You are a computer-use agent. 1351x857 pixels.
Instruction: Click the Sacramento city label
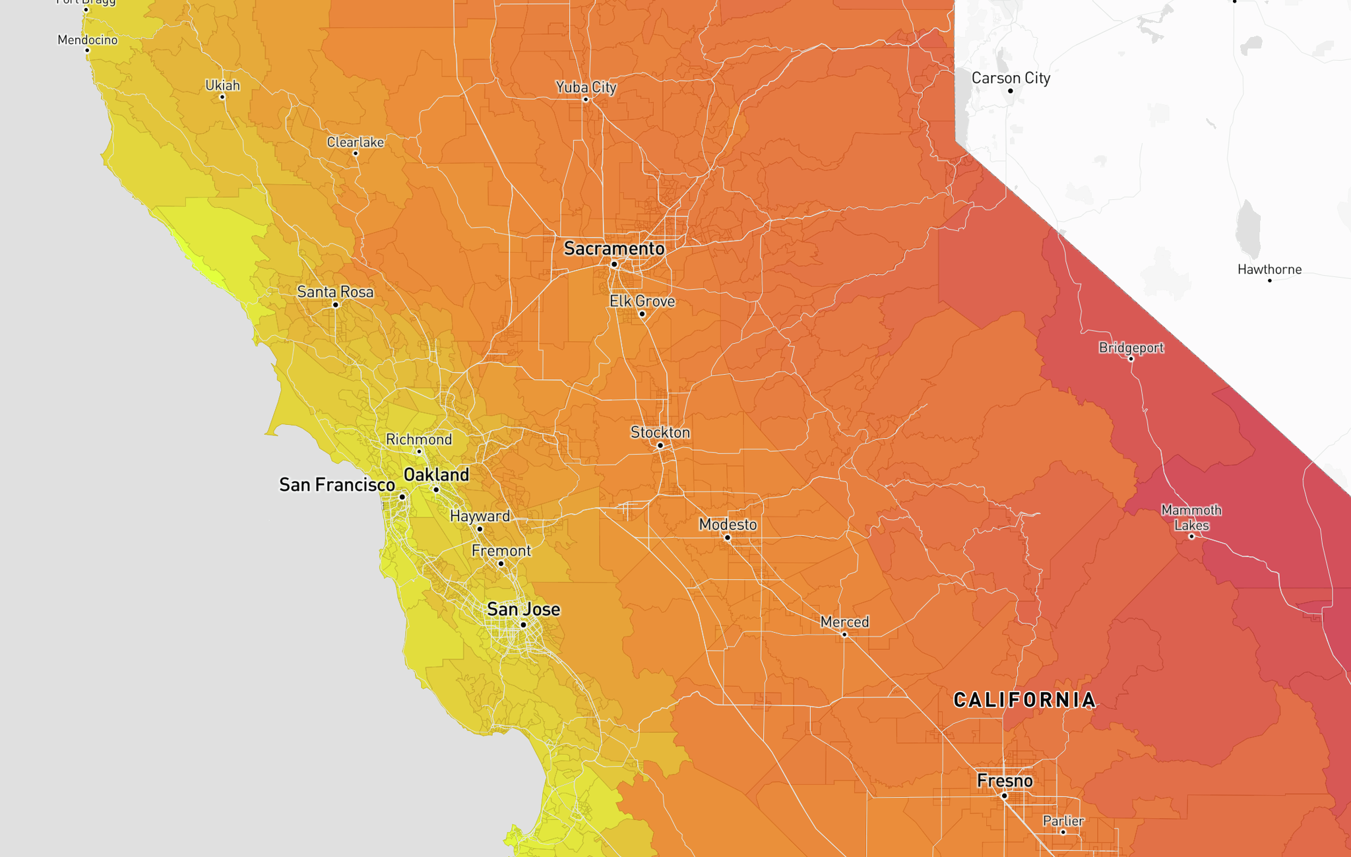point(614,249)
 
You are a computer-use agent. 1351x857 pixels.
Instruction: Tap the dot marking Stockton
point(660,445)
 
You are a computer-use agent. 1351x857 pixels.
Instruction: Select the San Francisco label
point(337,485)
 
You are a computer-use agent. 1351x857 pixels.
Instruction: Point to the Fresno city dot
point(1004,796)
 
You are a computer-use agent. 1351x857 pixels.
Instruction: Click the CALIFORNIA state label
point(1025,700)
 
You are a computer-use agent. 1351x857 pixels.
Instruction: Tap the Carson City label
point(1011,78)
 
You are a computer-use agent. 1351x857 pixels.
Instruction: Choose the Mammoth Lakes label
point(1191,518)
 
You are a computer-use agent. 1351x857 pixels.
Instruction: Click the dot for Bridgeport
point(1131,359)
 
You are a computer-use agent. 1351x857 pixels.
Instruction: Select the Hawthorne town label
point(1269,269)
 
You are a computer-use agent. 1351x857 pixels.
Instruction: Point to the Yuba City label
point(586,87)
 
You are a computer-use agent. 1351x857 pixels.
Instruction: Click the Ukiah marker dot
point(222,97)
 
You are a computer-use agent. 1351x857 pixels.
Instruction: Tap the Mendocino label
point(88,40)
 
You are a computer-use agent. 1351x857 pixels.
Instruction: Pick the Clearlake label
point(356,142)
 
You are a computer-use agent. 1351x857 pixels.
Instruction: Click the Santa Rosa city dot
point(336,305)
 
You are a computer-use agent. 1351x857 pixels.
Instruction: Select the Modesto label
point(728,524)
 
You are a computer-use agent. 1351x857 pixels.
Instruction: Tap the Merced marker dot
point(844,635)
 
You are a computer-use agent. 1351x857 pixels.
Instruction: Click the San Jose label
point(523,609)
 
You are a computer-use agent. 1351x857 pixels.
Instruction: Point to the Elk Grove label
point(642,302)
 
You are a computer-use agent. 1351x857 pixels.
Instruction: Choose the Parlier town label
point(1063,821)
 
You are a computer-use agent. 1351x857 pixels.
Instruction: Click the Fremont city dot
point(501,563)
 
